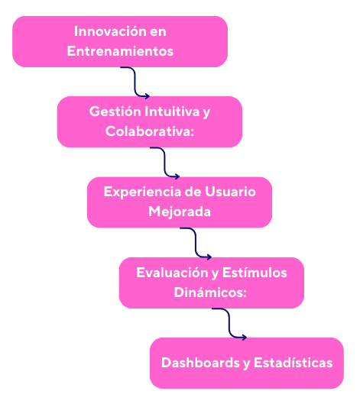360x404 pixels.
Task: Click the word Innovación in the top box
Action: pos(110,31)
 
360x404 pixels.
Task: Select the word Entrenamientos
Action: pos(120,51)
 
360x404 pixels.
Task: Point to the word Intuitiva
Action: pos(172,112)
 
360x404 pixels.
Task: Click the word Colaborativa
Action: pos(150,131)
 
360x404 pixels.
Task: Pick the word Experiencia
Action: pos(142,192)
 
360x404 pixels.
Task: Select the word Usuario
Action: pos(230,192)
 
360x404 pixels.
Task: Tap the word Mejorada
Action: pos(180,212)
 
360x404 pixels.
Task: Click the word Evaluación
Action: pos(172,273)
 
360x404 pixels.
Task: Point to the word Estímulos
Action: pos(255,273)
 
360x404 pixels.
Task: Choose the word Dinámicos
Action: pos(210,292)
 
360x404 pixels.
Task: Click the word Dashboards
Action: pos(200,363)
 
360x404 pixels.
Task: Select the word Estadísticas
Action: pos(294,363)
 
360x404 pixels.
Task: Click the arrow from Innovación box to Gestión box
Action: pos(135,82)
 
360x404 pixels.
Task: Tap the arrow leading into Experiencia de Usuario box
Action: pos(164,163)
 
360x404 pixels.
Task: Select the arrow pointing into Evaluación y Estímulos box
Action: pos(196,243)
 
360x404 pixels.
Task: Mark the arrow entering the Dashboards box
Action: pos(229,323)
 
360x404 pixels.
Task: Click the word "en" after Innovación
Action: pos(158,32)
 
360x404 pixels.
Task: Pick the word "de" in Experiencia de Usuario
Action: pos(193,192)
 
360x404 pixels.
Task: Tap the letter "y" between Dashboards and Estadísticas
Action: pos(247,364)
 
